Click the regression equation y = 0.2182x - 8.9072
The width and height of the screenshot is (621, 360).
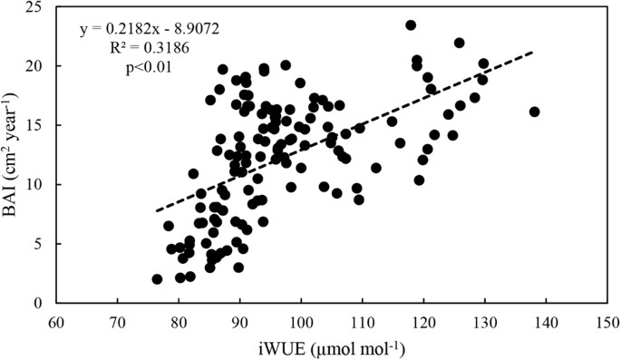(x=149, y=30)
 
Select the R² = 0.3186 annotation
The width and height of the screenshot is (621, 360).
(x=149, y=48)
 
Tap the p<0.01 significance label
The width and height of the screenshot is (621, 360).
(x=149, y=66)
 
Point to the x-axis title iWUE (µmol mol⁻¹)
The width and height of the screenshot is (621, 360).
(x=331, y=347)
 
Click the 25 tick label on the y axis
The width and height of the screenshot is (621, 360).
(x=36, y=7)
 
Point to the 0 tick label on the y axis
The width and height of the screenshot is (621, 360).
(x=40, y=304)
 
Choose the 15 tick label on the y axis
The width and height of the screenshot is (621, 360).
(x=36, y=126)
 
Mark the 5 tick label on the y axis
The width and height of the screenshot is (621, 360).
(x=40, y=245)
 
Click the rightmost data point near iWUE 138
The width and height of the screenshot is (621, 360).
(x=534, y=112)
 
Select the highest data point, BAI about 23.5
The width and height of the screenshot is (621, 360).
(x=411, y=25)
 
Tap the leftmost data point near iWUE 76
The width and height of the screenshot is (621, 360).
(x=157, y=279)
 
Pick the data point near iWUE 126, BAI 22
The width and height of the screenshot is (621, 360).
(x=460, y=43)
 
